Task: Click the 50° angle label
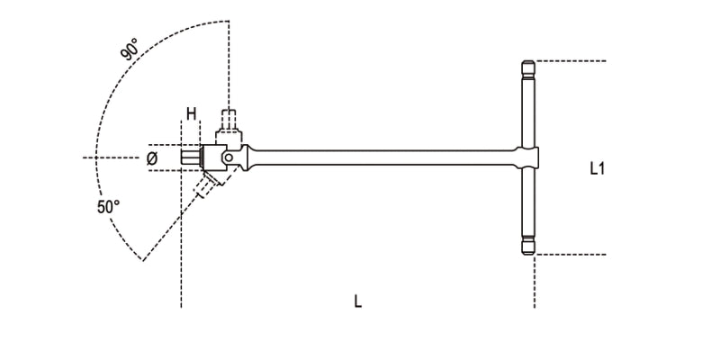point(109,206)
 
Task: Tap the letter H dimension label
point(191,113)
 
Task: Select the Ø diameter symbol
point(152,158)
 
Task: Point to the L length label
point(357,301)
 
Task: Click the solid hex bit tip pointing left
point(190,158)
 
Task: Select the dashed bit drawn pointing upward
point(229,119)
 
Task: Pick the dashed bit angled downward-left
point(208,186)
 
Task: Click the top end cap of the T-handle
point(527,67)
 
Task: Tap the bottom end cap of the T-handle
point(527,247)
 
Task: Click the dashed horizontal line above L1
point(571,61)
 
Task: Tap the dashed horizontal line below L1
point(571,255)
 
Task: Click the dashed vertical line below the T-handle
point(535,283)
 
